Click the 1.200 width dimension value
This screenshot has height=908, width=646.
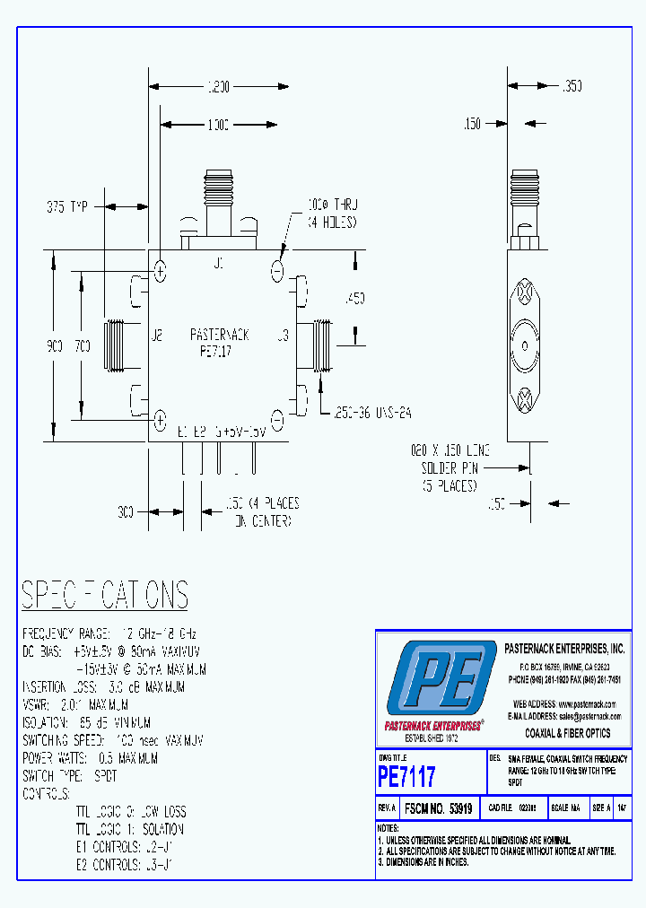[218, 87]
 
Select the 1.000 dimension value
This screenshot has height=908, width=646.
[218, 123]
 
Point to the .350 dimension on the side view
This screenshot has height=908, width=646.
[572, 87]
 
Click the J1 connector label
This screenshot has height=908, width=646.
[218, 263]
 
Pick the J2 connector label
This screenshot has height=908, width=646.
[156, 336]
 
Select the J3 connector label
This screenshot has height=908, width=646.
[282, 336]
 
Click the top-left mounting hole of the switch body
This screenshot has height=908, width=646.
[161, 270]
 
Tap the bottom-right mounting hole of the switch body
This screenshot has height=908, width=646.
[277, 419]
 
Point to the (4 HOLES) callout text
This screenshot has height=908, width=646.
[333, 223]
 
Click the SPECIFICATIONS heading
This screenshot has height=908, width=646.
[105, 595]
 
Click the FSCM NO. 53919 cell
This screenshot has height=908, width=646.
[438, 808]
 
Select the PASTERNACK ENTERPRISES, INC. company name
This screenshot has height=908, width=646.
[564, 648]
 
